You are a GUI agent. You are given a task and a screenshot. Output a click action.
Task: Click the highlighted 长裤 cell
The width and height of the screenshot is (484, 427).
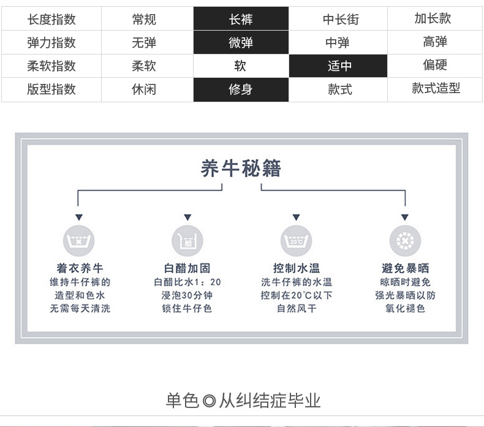[240, 20]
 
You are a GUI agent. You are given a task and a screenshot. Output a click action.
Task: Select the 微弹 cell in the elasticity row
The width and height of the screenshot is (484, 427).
[240, 43]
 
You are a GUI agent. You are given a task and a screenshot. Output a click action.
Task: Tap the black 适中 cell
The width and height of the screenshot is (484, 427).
[339, 66]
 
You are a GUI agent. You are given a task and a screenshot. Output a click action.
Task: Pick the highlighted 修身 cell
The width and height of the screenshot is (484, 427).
[240, 89]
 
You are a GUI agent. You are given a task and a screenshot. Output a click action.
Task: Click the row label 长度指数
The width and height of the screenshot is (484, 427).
[51, 20]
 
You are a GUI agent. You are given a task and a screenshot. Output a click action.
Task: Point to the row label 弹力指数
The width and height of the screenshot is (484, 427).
[51, 43]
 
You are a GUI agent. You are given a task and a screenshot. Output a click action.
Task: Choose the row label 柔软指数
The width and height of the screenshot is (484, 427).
[51, 66]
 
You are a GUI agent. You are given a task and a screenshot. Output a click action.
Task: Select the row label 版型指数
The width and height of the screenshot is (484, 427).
[51, 89]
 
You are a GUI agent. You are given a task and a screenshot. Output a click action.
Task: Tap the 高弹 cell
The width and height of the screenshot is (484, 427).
[435, 42]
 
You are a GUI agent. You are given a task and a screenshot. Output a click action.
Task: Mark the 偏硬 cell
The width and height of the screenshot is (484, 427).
[435, 65]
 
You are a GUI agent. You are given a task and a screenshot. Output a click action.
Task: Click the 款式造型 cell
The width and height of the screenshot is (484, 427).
[436, 88]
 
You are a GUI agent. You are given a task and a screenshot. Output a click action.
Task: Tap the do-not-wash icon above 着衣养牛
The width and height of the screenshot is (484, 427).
[79, 241]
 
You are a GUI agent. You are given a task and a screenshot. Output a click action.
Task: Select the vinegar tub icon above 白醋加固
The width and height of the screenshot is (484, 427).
[187, 241]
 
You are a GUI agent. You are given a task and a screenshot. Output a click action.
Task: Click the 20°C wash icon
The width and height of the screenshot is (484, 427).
[297, 241]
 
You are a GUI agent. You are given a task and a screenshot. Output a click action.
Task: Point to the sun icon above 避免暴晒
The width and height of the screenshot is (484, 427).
[405, 241]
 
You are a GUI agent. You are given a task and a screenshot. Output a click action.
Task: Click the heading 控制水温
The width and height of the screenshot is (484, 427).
[297, 268]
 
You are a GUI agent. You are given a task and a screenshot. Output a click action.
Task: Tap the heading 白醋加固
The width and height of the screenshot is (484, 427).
[187, 268]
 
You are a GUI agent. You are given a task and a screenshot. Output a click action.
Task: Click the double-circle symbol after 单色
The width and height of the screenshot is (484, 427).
[210, 402]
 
